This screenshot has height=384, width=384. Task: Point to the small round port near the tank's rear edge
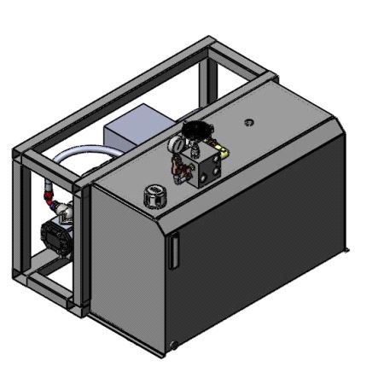point(248,121)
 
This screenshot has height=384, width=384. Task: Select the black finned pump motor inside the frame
point(58,234)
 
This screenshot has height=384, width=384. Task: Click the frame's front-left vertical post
point(22,222)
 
